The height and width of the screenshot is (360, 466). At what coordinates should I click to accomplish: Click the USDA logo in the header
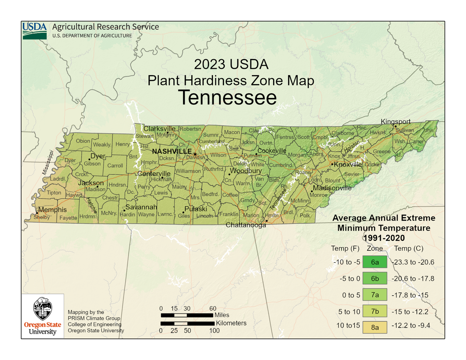click(x=35, y=31)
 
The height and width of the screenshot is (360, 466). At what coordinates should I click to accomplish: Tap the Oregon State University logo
click(x=43, y=316)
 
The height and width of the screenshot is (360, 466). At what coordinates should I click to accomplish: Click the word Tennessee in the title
click(x=227, y=98)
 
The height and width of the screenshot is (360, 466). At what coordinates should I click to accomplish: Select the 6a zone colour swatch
click(x=375, y=262)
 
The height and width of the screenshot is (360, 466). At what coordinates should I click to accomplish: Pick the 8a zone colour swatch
click(x=375, y=327)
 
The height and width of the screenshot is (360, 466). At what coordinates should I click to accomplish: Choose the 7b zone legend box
click(x=375, y=312)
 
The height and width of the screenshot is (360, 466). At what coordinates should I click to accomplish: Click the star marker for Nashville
click(x=195, y=154)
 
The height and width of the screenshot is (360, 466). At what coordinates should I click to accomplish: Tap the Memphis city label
click(x=52, y=210)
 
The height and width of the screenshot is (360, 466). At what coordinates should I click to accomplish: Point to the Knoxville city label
click(x=348, y=165)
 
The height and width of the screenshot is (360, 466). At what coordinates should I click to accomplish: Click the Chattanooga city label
click(x=246, y=225)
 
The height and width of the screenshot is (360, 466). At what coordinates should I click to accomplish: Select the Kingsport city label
click(x=395, y=122)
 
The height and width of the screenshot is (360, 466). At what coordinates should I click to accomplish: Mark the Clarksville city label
click(x=159, y=129)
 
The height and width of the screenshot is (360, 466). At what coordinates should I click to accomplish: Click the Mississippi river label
click(x=48, y=162)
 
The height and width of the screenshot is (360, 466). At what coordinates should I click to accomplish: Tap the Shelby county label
click(x=42, y=217)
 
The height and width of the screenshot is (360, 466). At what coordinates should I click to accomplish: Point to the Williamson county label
click(x=188, y=171)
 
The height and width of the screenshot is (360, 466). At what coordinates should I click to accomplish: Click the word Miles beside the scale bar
click(x=222, y=315)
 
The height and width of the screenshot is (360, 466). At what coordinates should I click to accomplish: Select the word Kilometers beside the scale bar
click(x=231, y=323)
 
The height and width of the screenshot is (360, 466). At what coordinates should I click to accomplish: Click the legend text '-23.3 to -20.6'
click(x=413, y=262)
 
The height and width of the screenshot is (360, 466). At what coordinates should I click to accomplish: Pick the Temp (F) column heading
click(x=345, y=248)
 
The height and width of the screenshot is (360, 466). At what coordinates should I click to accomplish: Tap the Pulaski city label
click(x=196, y=209)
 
